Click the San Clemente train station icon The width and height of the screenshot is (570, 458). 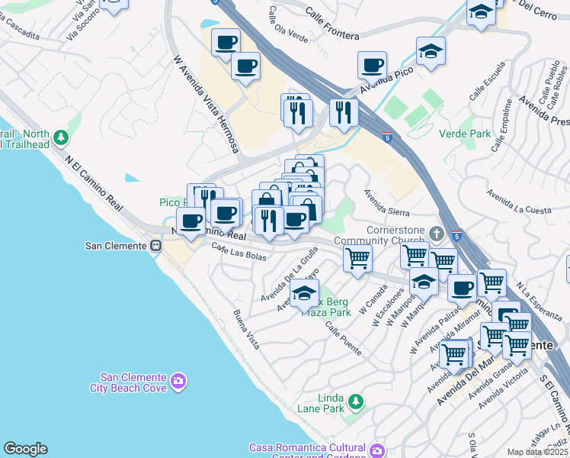pyautogui.click(x=155, y=246)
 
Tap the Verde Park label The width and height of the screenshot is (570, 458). pyautogui.click(x=464, y=134)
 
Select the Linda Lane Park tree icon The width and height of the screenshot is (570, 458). pyautogui.click(x=354, y=401)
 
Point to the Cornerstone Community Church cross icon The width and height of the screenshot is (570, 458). pyautogui.click(x=435, y=232)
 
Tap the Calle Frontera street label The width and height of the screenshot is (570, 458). pyautogui.click(x=335, y=23)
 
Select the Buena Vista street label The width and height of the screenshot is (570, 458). pyautogui.click(x=247, y=330)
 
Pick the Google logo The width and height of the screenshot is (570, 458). pyautogui.click(x=25, y=449)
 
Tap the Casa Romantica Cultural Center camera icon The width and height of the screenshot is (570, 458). pyautogui.click(x=376, y=451)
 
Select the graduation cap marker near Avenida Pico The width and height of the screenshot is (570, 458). pyautogui.click(x=431, y=50)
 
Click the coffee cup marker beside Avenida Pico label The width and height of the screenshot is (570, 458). pyautogui.click(x=372, y=65)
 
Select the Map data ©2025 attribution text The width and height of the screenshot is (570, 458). pyautogui.click(x=537, y=452)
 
